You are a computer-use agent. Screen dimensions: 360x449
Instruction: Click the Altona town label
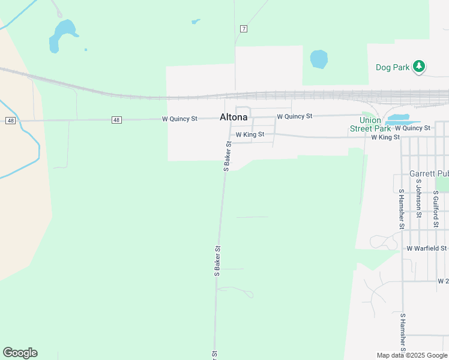(234, 117)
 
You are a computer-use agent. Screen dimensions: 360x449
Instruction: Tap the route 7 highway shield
(243, 29)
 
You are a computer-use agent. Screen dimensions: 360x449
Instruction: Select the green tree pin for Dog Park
(420, 67)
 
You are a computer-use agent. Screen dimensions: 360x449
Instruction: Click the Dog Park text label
(393, 68)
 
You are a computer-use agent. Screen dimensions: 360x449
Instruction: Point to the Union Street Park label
(370, 124)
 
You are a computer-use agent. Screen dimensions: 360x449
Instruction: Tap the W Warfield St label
(427, 248)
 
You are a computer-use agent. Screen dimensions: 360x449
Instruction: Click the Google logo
(20, 353)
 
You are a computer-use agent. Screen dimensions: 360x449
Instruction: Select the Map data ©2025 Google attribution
(412, 355)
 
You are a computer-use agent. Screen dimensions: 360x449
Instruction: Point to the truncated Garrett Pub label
(429, 173)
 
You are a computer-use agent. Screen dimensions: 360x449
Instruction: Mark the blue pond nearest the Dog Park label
(319, 59)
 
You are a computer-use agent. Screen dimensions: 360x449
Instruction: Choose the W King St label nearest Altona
(250, 134)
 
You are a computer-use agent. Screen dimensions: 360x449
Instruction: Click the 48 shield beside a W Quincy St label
(116, 120)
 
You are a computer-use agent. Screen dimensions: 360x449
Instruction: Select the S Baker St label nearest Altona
(228, 157)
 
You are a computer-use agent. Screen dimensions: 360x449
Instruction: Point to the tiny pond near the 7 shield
(195, 22)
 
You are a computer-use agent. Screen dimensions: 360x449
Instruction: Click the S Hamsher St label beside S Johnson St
(402, 209)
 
